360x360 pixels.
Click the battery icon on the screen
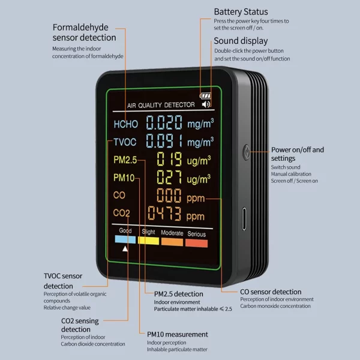click(x=206, y=95)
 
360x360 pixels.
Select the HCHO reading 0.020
click(x=164, y=124)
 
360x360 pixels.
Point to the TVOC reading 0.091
click(x=164, y=142)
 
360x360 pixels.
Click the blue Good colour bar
click(x=125, y=241)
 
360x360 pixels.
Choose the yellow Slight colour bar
click(x=148, y=241)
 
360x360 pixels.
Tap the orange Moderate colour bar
click(x=172, y=241)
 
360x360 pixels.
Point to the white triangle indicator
click(x=125, y=249)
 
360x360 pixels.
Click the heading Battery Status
click(x=241, y=12)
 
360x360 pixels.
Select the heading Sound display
click(x=241, y=41)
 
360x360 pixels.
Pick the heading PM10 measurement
click(x=178, y=334)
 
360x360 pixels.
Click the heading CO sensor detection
click(x=270, y=292)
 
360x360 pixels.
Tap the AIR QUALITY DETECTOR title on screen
click(x=161, y=105)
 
